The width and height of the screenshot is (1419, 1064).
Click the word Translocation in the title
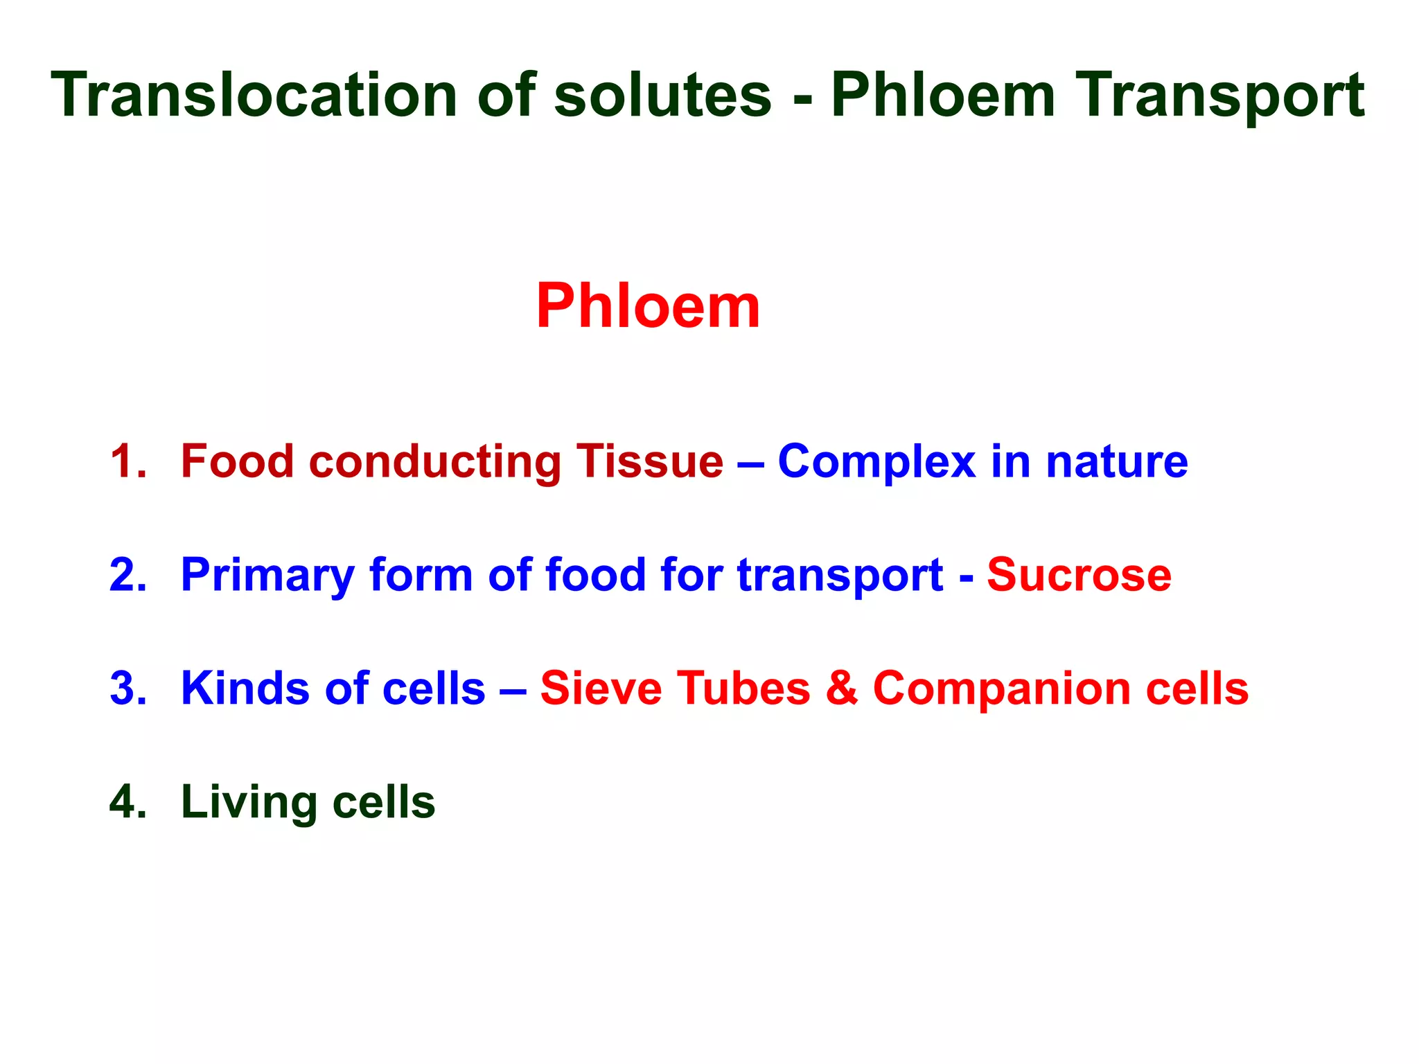254,95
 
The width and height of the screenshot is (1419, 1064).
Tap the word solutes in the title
662,95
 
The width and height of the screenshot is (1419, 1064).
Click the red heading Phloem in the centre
648,306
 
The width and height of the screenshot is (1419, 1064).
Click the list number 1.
128,461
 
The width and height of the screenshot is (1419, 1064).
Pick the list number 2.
128,575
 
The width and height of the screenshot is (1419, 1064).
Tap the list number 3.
128,689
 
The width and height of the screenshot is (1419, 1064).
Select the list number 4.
128,802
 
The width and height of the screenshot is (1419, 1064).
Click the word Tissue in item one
650,461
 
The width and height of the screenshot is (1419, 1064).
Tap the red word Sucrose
1079,575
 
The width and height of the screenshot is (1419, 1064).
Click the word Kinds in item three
245,689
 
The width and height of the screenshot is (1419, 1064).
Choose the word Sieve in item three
600,689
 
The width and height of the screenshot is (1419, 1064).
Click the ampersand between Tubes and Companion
841,689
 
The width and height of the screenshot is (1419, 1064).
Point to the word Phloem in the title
942,95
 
